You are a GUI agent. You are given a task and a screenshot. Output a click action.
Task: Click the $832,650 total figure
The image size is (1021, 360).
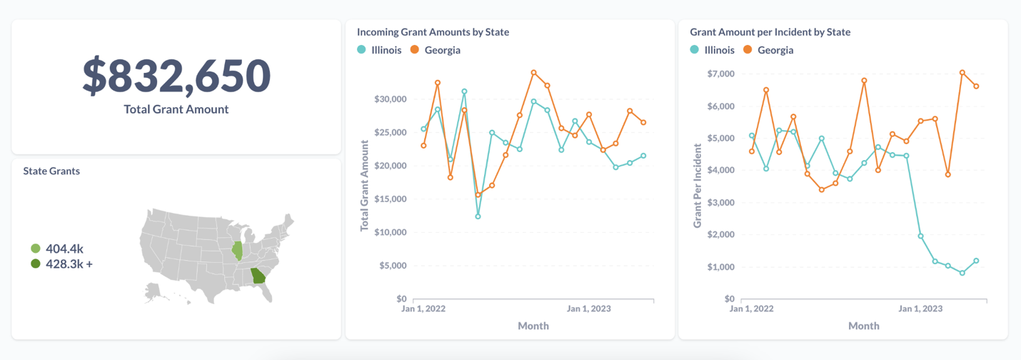click(x=176, y=76)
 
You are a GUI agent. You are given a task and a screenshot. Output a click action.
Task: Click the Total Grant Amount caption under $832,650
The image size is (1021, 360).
click(x=176, y=109)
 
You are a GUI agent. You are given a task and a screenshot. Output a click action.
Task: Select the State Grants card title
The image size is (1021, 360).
click(x=51, y=171)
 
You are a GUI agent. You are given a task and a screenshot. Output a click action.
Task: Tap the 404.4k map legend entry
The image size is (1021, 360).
click(x=64, y=249)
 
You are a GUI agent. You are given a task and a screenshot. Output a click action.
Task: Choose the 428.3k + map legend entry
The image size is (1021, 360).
click(x=69, y=264)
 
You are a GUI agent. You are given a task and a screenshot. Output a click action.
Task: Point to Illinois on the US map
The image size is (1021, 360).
click(x=237, y=251)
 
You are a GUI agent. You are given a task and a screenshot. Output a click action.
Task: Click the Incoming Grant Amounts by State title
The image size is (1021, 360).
click(x=433, y=32)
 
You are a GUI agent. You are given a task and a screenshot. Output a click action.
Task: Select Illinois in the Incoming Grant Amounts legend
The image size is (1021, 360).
click(x=386, y=50)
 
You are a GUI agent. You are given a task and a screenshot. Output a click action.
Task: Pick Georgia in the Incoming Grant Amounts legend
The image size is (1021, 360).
click(x=442, y=50)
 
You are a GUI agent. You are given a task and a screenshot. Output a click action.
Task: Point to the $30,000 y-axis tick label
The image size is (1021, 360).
click(x=390, y=99)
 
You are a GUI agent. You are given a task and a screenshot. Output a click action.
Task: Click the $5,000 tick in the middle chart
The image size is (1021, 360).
click(x=392, y=266)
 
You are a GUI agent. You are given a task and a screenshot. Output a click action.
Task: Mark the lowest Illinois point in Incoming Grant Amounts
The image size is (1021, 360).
click(x=478, y=216)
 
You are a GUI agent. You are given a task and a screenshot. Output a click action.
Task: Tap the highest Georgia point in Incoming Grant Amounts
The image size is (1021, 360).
click(x=533, y=73)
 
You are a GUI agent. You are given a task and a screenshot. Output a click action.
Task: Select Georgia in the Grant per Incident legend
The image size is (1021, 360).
click(x=775, y=50)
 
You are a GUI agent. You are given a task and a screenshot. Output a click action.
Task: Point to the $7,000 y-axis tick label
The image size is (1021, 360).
click(x=720, y=74)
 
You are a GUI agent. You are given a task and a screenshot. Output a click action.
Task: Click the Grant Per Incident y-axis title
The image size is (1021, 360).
click(x=698, y=186)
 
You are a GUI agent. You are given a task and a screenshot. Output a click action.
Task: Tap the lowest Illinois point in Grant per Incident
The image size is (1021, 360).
click(x=962, y=273)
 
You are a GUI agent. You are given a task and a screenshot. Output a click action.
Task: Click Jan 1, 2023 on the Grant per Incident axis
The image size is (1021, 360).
click(x=920, y=309)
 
